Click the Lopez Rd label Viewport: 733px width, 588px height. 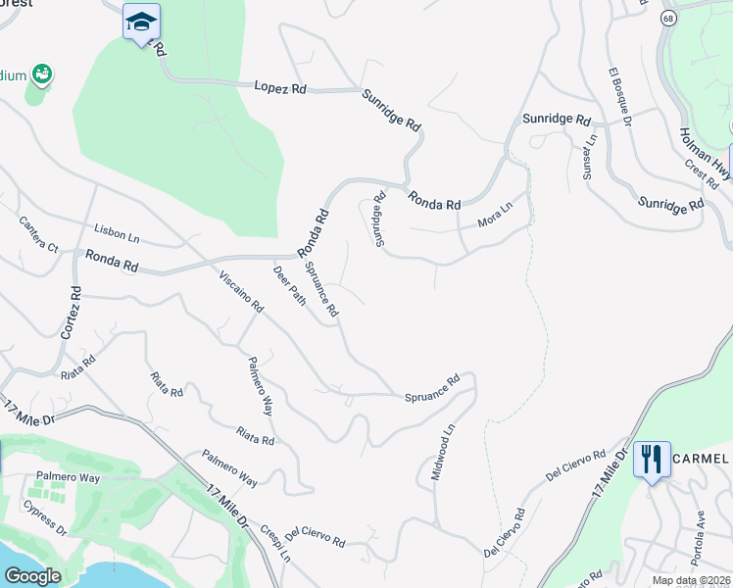click(280, 88)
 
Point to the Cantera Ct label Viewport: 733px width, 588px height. click(40, 233)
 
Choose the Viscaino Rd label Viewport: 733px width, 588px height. click(241, 291)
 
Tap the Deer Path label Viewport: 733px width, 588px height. click(289, 285)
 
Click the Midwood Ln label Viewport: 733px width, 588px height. click(443, 452)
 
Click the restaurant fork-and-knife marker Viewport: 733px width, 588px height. click(652, 459)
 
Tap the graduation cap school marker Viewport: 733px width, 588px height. click(141, 22)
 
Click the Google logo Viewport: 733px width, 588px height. click(31, 575)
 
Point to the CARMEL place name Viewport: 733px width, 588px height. click(701, 459)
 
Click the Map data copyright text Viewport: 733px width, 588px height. click(692, 581)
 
